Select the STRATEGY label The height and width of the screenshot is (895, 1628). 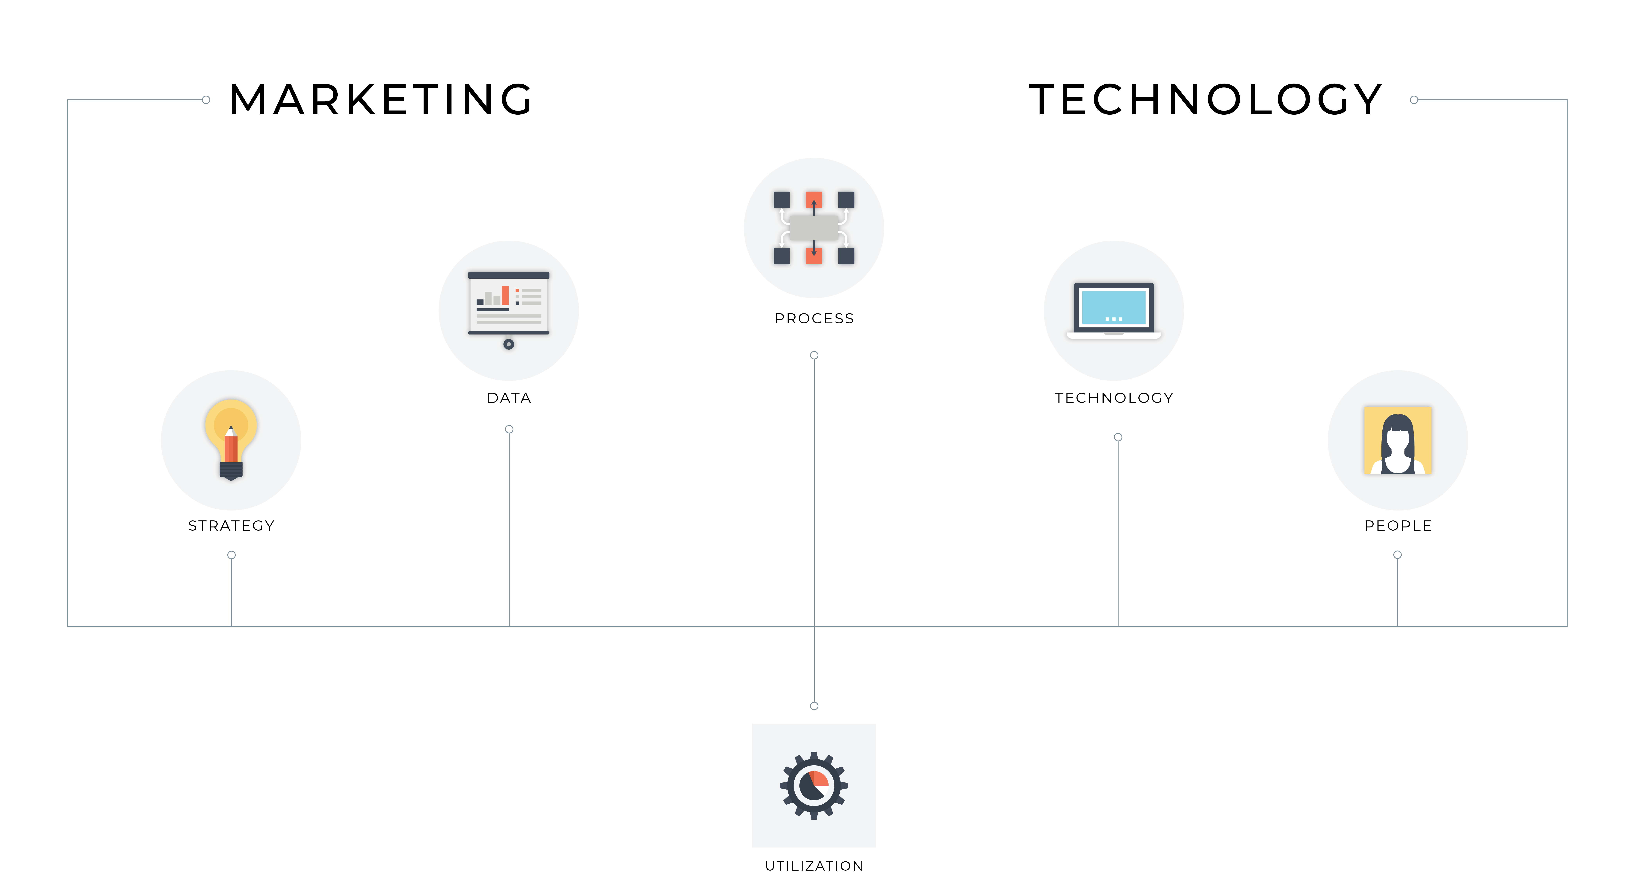coord(231,526)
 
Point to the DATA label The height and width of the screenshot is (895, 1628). coord(509,398)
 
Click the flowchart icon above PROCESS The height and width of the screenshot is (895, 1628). coord(814,228)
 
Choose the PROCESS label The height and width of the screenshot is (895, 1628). coord(814,318)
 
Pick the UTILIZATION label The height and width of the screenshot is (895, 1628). coord(814,866)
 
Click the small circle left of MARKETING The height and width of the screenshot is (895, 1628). coord(206,100)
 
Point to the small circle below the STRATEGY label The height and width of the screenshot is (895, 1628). coord(231,555)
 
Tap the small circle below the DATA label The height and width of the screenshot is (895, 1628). coord(509,429)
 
